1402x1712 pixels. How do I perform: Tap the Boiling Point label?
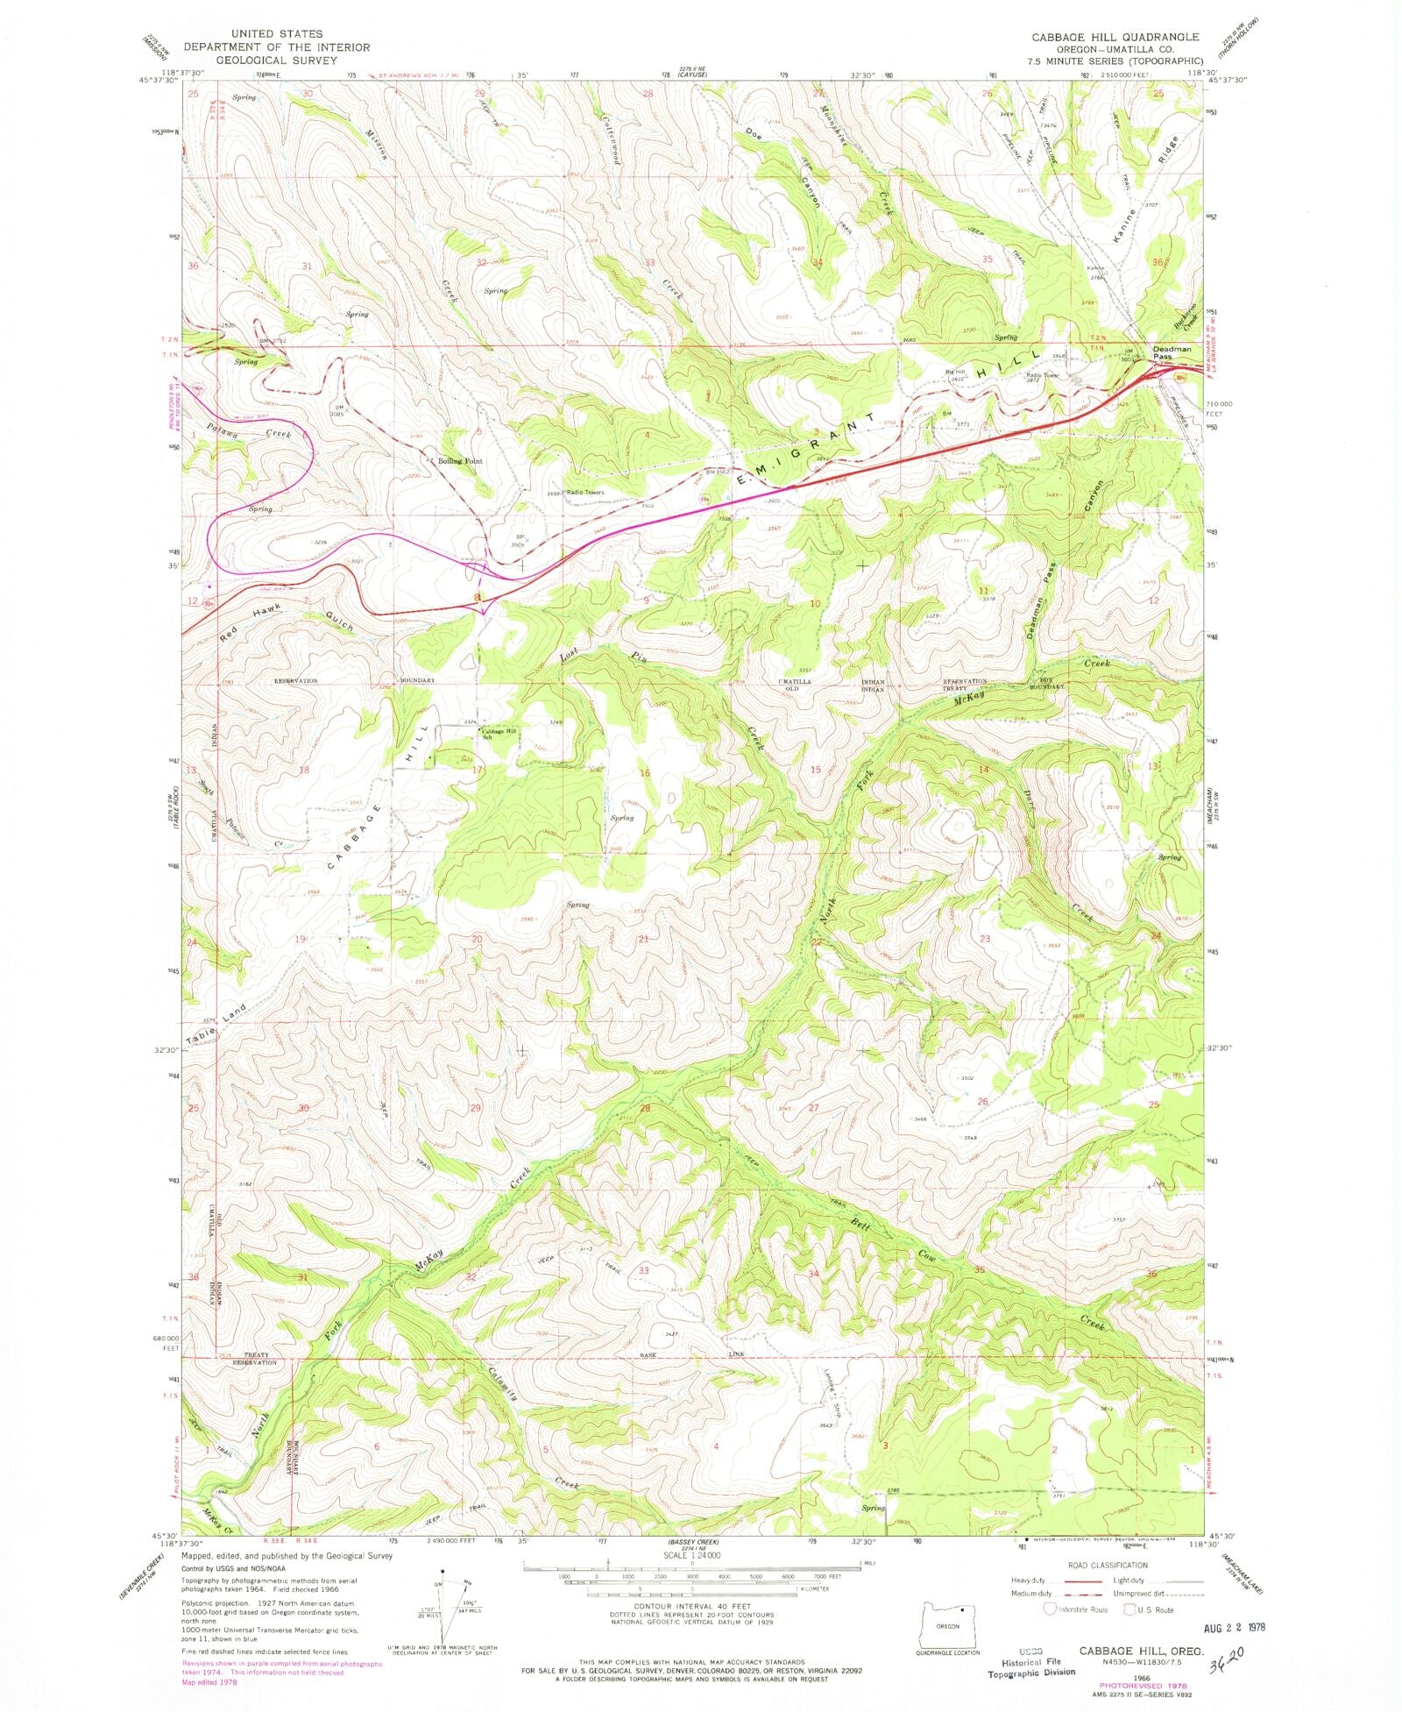pos(461,460)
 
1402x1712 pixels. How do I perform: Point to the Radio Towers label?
pos(584,492)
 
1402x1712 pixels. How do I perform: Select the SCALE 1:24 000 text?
pos(691,1555)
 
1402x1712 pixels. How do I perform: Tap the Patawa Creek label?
pos(237,430)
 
